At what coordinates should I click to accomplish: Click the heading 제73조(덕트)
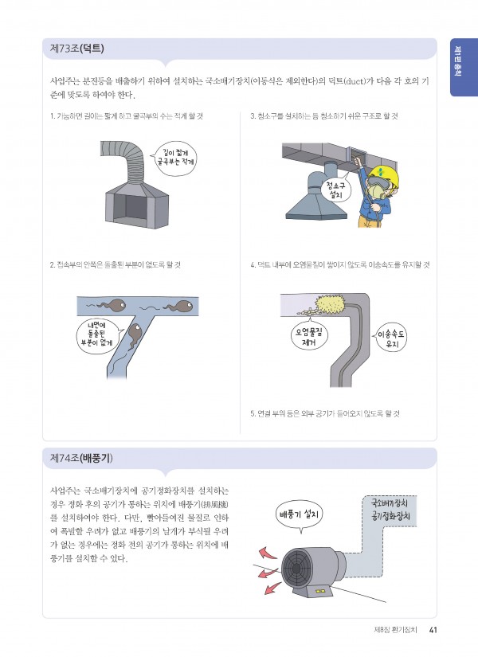tap(77, 49)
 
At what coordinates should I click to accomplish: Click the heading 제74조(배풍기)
tap(81, 458)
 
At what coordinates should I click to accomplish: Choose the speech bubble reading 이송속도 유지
tap(390, 339)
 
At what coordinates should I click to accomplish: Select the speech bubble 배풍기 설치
tap(299, 515)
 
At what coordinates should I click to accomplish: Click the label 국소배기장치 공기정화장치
tap(390, 510)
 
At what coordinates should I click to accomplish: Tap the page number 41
tap(433, 630)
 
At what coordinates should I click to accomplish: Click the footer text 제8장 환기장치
tap(395, 630)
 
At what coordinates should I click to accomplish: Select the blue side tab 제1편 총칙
tap(464, 68)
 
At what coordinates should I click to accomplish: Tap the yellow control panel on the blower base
tap(321, 592)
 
